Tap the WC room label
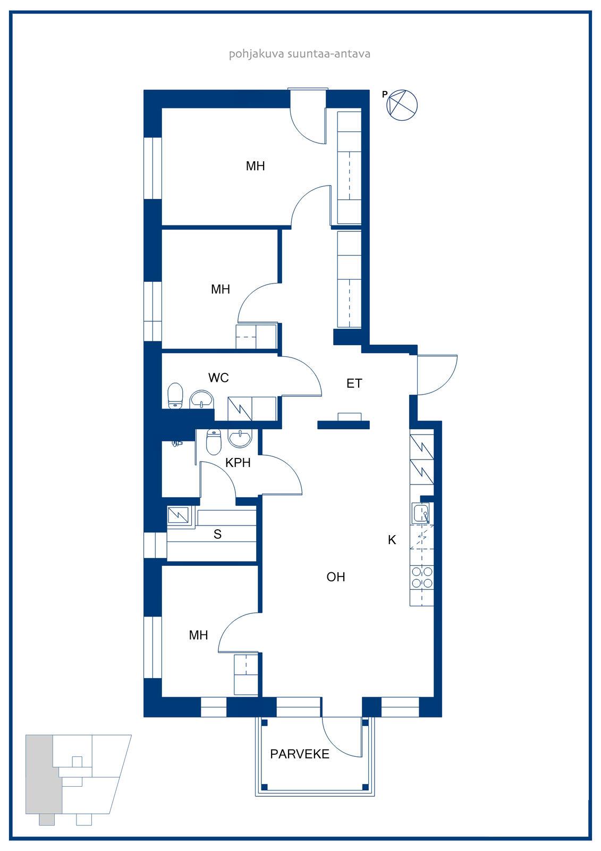click(x=218, y=378)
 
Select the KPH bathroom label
click(x=238, y=463)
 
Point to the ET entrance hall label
click(x=354, y=383)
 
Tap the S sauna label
click(x=217, y=534)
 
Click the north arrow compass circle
click(x=402, y=105)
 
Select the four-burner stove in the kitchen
click(x=422, y=578)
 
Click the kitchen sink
click(x=421, y=513)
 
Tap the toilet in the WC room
click(x=175, y=395)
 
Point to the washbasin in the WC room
click(x=202, y=399)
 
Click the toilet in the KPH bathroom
click(x=214, y=442)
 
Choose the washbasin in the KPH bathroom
click(x=240, y=438)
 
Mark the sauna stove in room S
click(x=179, y=515)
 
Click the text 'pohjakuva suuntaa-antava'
click(x=300, y=54)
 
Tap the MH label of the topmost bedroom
click(x=255, y=165)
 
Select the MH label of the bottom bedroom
click(x=198, y=635)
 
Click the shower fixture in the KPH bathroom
click(x=177, y=444)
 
